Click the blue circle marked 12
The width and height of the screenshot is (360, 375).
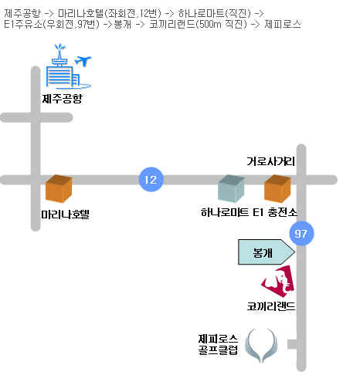(151, 180)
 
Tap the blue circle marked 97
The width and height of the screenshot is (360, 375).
(301, 233)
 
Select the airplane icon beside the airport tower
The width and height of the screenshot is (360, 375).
(83, 61)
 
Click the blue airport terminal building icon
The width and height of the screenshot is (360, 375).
(63, 69)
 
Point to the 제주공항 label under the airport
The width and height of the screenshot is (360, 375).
(62, 99)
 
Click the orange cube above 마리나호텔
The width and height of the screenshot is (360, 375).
(59, 189)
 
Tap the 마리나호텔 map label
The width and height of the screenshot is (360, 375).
(65, 215)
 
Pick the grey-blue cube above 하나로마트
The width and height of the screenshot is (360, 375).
(231, 188)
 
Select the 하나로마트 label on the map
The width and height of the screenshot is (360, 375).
(225, 212)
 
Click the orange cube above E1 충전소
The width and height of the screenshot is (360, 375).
(277, 188)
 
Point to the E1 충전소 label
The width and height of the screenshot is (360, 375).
(275, 212)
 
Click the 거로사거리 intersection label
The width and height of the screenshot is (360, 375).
(270, 161)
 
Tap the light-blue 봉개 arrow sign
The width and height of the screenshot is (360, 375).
(267, 252)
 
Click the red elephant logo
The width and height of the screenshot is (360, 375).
(278, 282)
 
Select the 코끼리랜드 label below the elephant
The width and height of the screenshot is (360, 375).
(271, 306)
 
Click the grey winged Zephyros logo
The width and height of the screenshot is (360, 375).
(261, 346)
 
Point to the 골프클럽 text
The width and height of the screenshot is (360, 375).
(218, 350)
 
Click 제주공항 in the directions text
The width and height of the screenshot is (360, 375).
(22, 13)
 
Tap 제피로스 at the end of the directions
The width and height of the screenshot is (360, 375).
(283, 24)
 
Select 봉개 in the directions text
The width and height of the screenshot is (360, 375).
(123, 24)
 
